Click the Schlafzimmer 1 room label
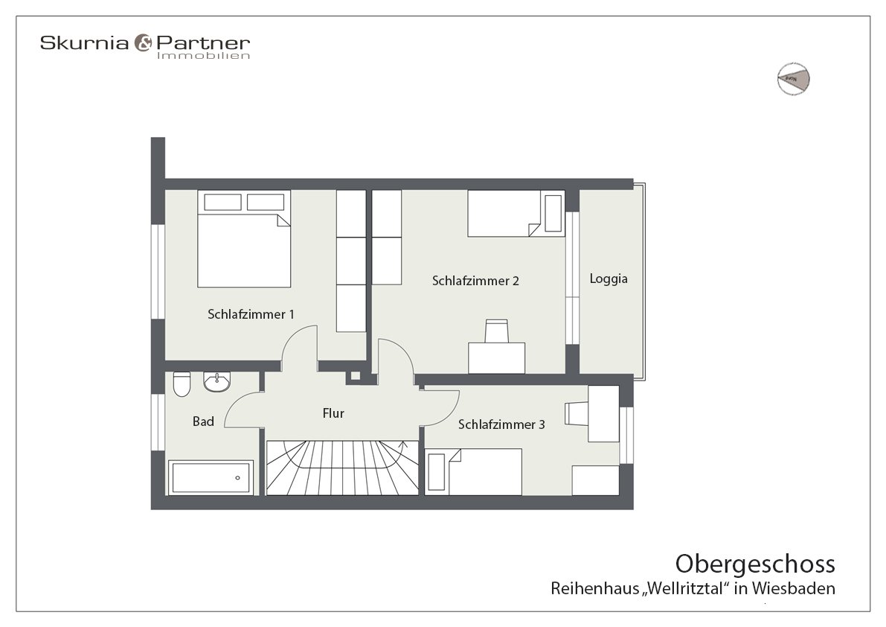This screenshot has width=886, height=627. pyautogui.click(x=251, y=314)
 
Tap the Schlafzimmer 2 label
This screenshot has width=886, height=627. pyautogui.click(x=475, y=281)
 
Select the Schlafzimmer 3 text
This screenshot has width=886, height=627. pyautogui.click(x=501, y=424)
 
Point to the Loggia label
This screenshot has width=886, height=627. pyautogui.click(x=609, y=279)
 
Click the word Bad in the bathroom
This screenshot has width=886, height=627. pyautogui.click(x=203, y=421)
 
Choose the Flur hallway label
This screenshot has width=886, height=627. pyautogui.click(x=333, y=413)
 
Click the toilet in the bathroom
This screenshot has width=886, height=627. pyautogui.click(x=182, y=384)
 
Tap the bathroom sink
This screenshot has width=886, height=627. pyautogui.click(x=217, y=381)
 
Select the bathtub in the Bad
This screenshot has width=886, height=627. pyautogui.click(x=211, y=477)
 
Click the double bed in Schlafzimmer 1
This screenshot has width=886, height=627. pyautogui.click(x=244, y=249)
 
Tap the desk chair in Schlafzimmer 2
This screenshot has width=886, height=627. pyautogui.click(x=496, y=331)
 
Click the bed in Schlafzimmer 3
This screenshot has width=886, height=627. pyautogui.click(x=472, y=471)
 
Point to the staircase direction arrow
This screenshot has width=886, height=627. pyautogui.click(x=403, y=446)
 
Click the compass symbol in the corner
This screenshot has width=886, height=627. pyautogui.click(x=793, y=77)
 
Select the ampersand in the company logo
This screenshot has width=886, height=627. pyautogui.click(x=142, y=44)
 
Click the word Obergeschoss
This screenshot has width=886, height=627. pyautogui.click(x=754, y=562)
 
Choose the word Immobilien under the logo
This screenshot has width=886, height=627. pyautogui.click(x=203, y=56)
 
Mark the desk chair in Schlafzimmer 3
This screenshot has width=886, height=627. pyautogui.click(x=577, y=415)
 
